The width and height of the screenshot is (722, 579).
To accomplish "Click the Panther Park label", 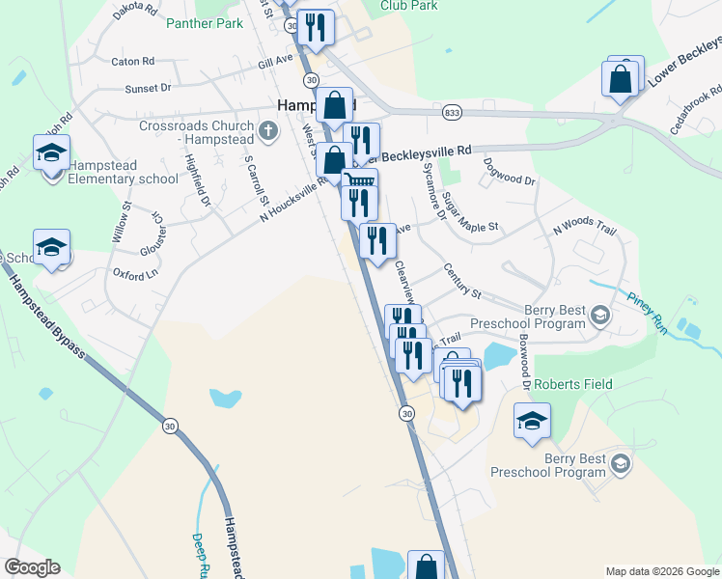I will pos(204,23).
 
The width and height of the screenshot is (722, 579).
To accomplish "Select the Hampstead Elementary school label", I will pos(124,171).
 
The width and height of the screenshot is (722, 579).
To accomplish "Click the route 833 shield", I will pos(452,113).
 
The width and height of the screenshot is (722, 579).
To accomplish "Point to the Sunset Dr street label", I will pos(148,88).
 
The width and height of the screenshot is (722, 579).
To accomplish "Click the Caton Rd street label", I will pos(133,61).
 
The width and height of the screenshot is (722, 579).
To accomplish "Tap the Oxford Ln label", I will pos(135,274).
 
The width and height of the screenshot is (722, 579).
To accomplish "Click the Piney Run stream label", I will pos(646,310).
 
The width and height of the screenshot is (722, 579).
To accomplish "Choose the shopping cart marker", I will pos(360,181).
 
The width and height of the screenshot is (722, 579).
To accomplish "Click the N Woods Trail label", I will pos(584,228).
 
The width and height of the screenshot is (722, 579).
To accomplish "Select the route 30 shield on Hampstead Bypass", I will pos(170,426).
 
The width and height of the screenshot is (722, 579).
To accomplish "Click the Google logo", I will pos(32,567).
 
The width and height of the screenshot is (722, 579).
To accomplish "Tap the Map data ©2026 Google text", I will pos(661,571).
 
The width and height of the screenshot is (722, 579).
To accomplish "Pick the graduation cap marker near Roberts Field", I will pos(532,421).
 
